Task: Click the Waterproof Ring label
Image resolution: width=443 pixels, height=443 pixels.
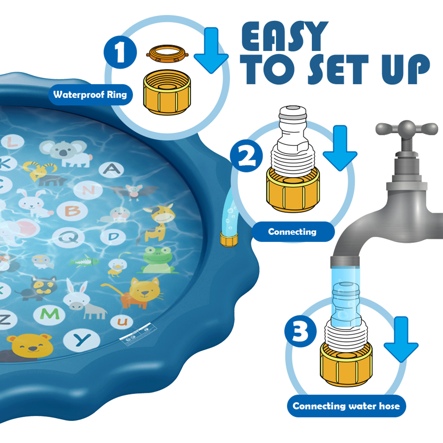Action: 90,94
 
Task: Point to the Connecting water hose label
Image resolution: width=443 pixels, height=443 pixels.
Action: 347,406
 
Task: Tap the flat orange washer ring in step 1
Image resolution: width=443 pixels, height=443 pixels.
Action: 167,53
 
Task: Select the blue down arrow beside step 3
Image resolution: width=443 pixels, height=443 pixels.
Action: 401,340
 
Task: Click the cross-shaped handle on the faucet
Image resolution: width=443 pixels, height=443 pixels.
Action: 406,128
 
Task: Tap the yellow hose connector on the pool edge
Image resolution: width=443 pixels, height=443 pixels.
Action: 228,239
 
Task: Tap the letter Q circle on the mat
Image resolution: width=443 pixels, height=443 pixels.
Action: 68,237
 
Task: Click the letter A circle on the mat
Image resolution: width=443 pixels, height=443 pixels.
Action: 111,169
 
